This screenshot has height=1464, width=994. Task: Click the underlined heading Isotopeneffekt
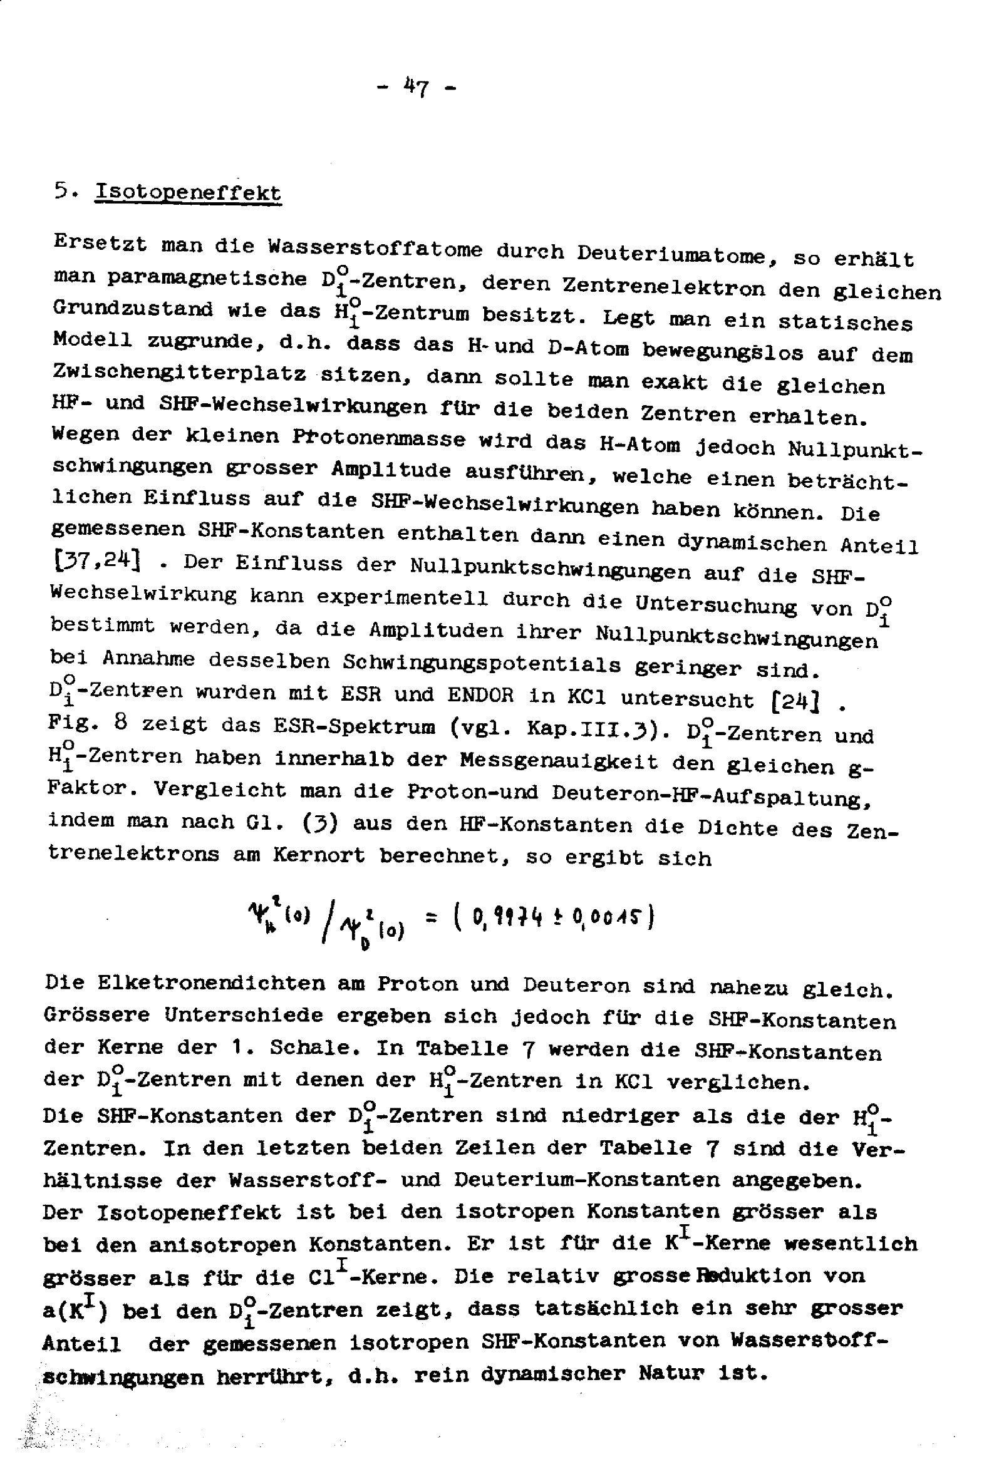187,192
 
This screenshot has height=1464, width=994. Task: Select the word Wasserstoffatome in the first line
375,248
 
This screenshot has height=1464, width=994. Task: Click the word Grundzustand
133,309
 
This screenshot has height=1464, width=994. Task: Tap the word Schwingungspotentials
482,663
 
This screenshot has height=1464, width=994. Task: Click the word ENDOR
480,695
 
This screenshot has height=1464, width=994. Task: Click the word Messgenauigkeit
559,761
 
